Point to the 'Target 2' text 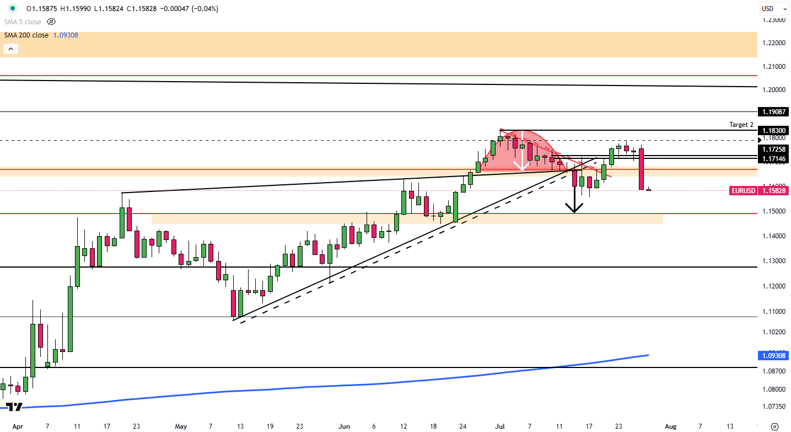click(x=741, y=125)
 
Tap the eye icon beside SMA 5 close click(x=51, y=22)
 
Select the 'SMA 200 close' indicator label click(x=26, y=35)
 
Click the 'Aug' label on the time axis click(x=670, y=426)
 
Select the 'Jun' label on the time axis click(x=344, y=426)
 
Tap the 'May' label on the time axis click(x=181, y=426)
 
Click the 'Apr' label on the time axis click(x=18, y=426)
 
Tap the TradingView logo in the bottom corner click(x=14, y=407)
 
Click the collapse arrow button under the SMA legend click(x=11, y=49)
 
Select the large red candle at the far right click(x=642, y=169)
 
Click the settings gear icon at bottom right click(x=774, y=426)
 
